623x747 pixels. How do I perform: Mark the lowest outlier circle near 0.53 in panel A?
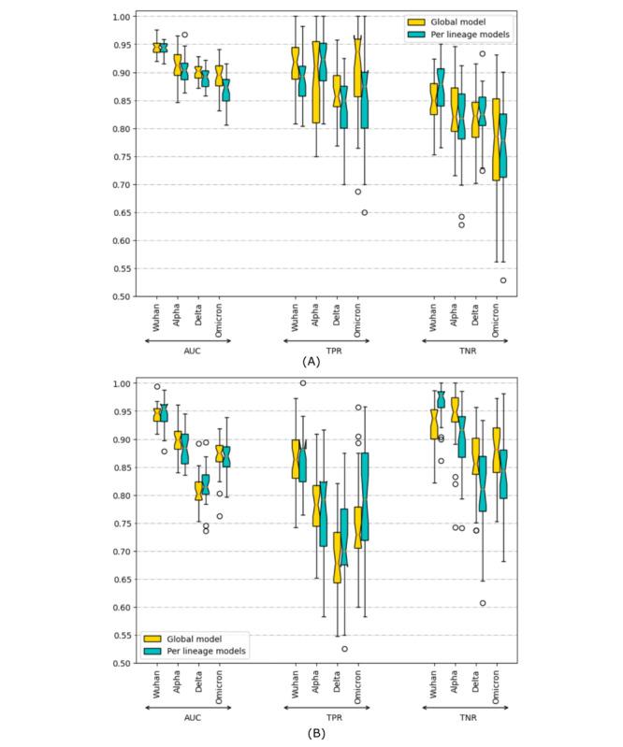504,280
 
